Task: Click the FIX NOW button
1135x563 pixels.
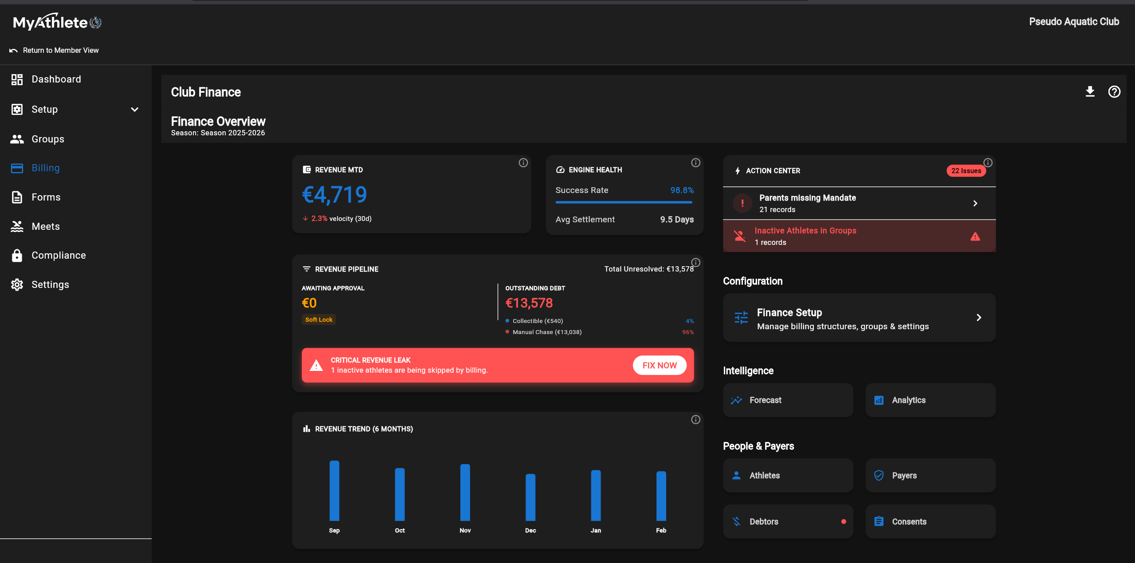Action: click(659, 365)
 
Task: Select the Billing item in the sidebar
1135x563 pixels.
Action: click(45, 168)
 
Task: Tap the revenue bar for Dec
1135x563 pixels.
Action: click(530, 497)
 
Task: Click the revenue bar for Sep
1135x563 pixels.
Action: click(334, 490)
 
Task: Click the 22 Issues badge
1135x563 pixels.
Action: click(966, 171)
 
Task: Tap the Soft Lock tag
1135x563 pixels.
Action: click(318, 319)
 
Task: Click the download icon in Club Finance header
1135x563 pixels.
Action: click(1090, 92)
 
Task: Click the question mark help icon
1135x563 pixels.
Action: click(1114, 92)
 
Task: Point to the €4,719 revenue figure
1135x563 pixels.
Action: click(334, 195)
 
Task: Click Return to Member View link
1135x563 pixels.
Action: click(60, 51)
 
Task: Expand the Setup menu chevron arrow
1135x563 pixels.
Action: click(135, 110)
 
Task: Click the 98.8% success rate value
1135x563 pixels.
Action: click(681, 190)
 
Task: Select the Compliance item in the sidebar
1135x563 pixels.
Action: click(58, 256)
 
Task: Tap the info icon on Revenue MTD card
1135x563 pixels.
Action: click(523, 163)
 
